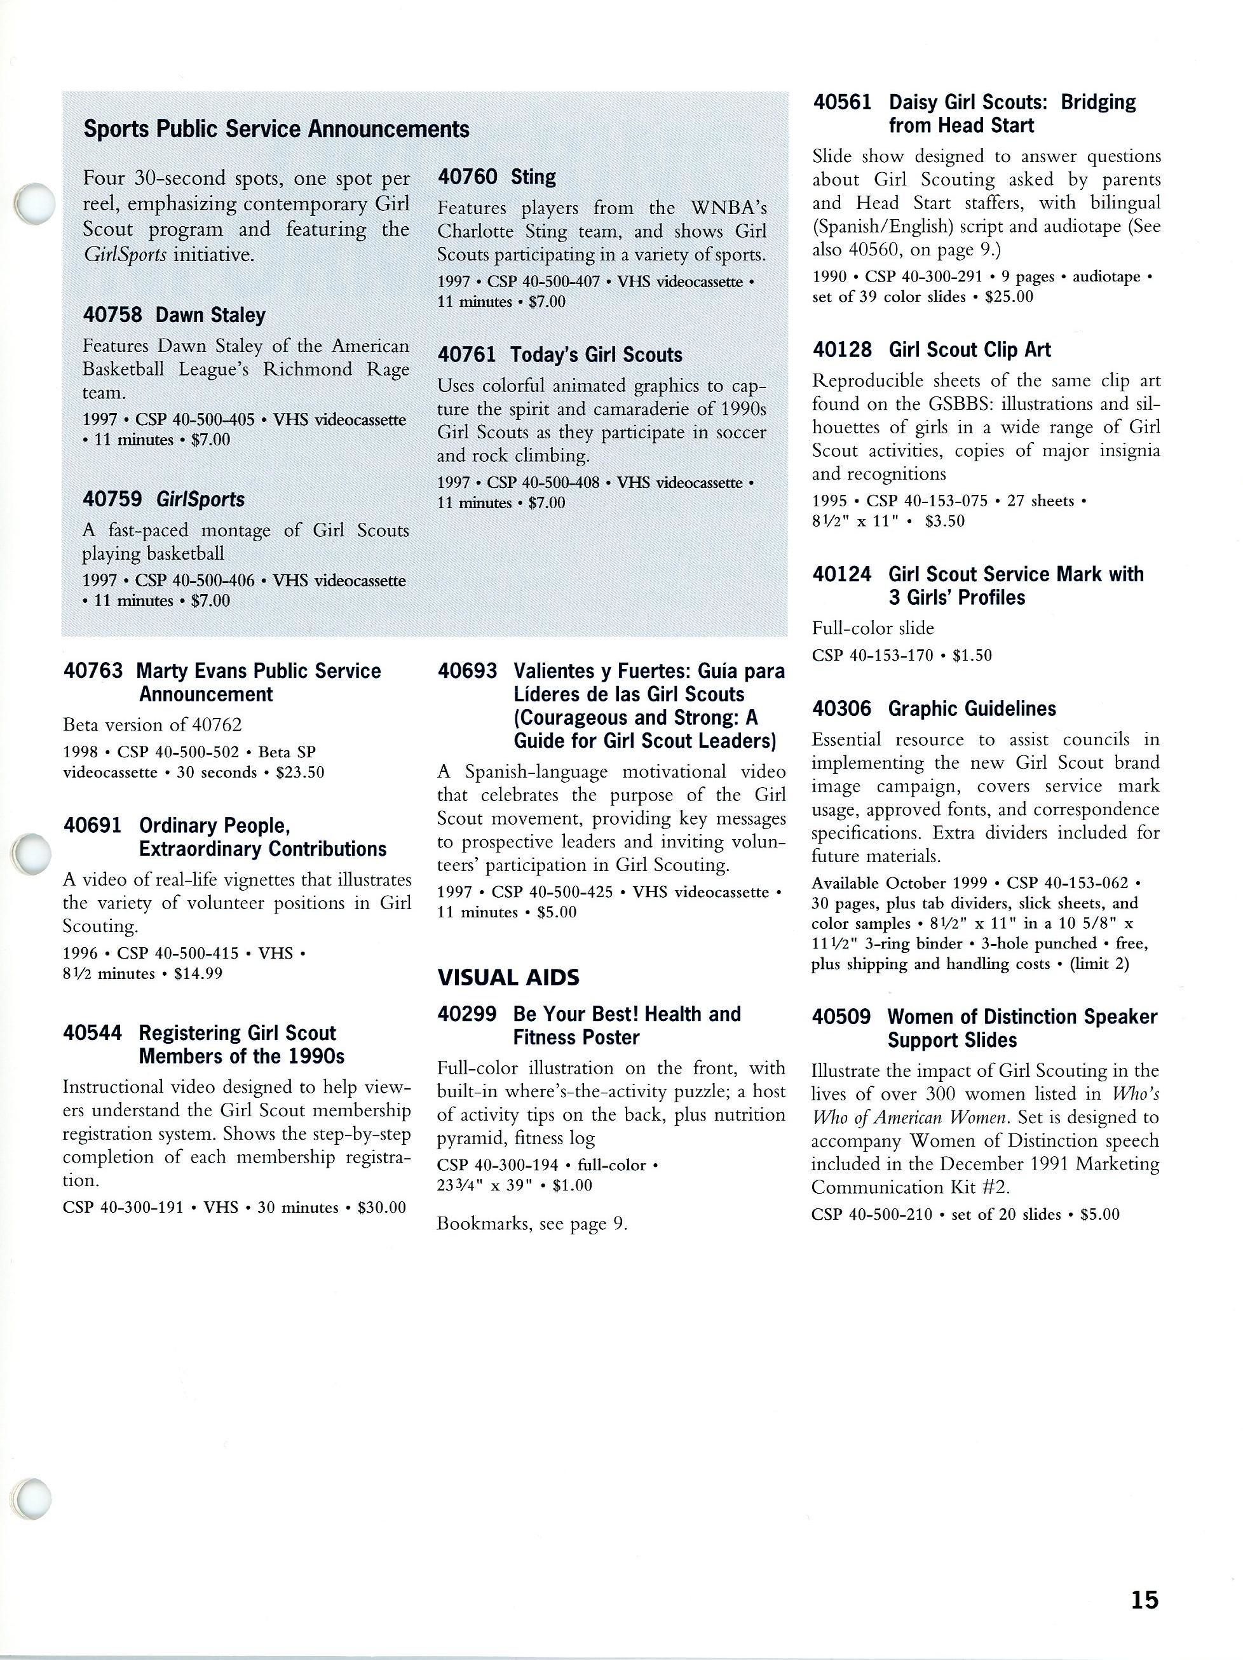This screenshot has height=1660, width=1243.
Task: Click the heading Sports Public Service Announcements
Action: point(276,130)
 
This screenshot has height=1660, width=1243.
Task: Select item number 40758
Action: point(112,315)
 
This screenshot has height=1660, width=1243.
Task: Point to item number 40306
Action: point(841,708)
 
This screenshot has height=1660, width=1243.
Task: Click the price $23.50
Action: point(299,773)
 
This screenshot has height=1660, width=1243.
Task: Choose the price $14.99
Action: point(198,973)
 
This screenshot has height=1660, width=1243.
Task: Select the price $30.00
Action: point(381,1207)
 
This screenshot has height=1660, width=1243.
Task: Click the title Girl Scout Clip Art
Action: point(969,349)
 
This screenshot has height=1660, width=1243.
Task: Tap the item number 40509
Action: point(841,1017)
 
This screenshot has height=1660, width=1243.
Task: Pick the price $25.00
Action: point(1009,297)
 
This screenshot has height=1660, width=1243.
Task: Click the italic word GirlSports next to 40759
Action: point(200,500)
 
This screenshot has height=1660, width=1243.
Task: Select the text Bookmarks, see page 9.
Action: point(531,1224)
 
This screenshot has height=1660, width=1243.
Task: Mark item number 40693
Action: point(467,671)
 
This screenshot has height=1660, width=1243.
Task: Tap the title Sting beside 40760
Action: point(533,177)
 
